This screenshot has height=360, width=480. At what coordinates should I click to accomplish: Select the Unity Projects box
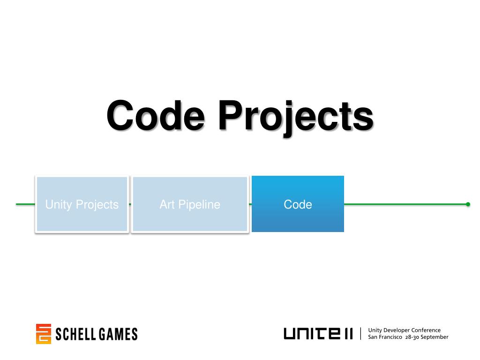click(82, 204)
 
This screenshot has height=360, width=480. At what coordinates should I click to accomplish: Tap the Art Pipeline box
click(190, 204)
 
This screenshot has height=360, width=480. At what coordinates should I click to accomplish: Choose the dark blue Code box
click(298, 204)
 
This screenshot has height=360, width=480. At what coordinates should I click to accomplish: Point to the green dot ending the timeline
click(468, 204)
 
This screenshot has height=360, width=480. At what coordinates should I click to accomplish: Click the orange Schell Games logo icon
click(43, 334)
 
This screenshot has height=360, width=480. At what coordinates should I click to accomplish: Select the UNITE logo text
click(318, 334)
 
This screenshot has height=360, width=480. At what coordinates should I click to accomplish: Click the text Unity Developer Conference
click(404, 330)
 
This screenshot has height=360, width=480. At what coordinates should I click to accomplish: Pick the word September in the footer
click(435, 337)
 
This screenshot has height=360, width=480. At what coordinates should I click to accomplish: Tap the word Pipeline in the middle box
click(199, 204)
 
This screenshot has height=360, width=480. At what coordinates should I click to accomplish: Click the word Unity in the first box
click(59, 204)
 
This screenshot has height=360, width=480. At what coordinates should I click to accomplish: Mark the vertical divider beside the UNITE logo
click(360, 333)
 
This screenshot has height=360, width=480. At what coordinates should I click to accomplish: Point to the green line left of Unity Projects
click(25, 204)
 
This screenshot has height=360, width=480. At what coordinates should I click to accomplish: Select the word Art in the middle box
click(167, 204)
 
